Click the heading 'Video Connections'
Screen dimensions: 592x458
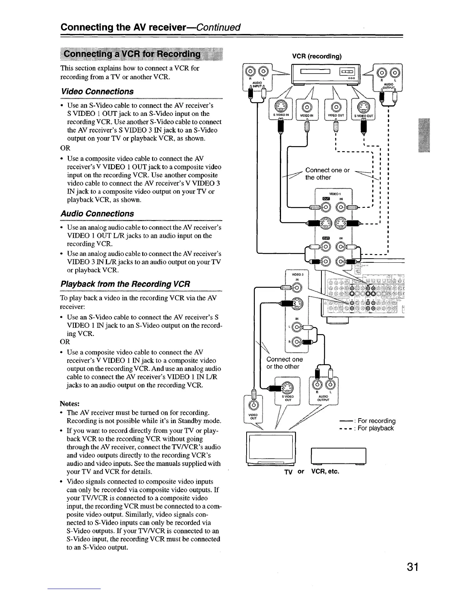97,92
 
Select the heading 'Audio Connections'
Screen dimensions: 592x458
97,214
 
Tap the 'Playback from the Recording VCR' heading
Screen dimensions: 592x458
125,284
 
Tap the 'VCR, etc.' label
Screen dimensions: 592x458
325,471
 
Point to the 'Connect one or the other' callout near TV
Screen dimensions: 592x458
284,363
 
